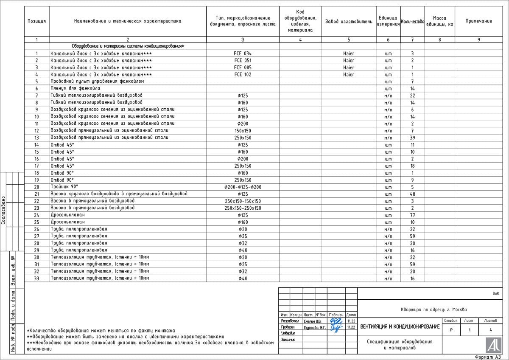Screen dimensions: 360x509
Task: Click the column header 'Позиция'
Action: pyautogui.click(x=36, y=21)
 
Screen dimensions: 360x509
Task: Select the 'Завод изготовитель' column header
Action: pyautogui.click(x=348, y=21)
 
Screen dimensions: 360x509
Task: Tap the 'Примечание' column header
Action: pyautogui.click(x=478, y=21)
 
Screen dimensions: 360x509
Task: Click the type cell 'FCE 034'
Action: pyautogui.click(x=243, y=53)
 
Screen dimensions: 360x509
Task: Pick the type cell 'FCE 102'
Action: pyautogui.click(x=243, y=74)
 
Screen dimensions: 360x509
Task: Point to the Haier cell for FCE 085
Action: pyautogui.click(x=349, y=67)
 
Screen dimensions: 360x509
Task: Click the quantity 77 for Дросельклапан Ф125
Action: pyautogui.click(x=412, y=215)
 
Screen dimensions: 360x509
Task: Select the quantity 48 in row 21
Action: pyautogui.click(x=412, y=194)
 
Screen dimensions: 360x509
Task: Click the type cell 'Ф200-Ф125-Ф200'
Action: pyautogui.click(x=243, y=187)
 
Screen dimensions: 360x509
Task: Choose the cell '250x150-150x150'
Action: pyautogui.click(x=243, y=201)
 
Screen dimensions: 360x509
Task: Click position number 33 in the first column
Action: pyautogui.click(x=36, y=278)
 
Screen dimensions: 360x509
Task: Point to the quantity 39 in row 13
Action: pyautogui.click(x=412, y=138)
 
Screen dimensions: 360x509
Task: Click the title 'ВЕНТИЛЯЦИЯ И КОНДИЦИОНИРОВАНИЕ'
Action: pyautogui.click(x=400, y=326)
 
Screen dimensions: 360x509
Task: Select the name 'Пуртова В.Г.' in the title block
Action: pyautogui.click(x=314, y=327)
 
